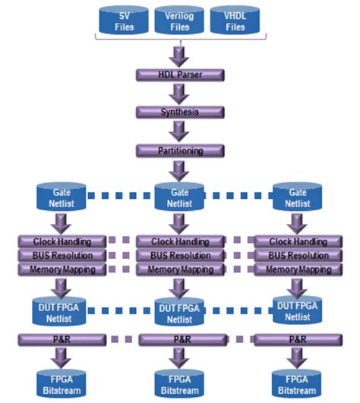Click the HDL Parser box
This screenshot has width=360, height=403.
[180, 74]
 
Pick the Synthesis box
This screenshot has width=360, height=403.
[180, 112]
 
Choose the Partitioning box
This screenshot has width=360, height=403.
[180, 150]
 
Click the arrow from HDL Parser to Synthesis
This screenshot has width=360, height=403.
[180, 93]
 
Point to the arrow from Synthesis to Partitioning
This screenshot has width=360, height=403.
[180, 131]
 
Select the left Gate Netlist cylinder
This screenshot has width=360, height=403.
[61, 197]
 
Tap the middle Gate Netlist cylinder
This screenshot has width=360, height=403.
[180, 197]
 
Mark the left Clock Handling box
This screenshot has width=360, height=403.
[61, 241]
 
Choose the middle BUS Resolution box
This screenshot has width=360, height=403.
[180, 256]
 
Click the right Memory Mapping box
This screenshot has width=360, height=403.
[297, 269]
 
